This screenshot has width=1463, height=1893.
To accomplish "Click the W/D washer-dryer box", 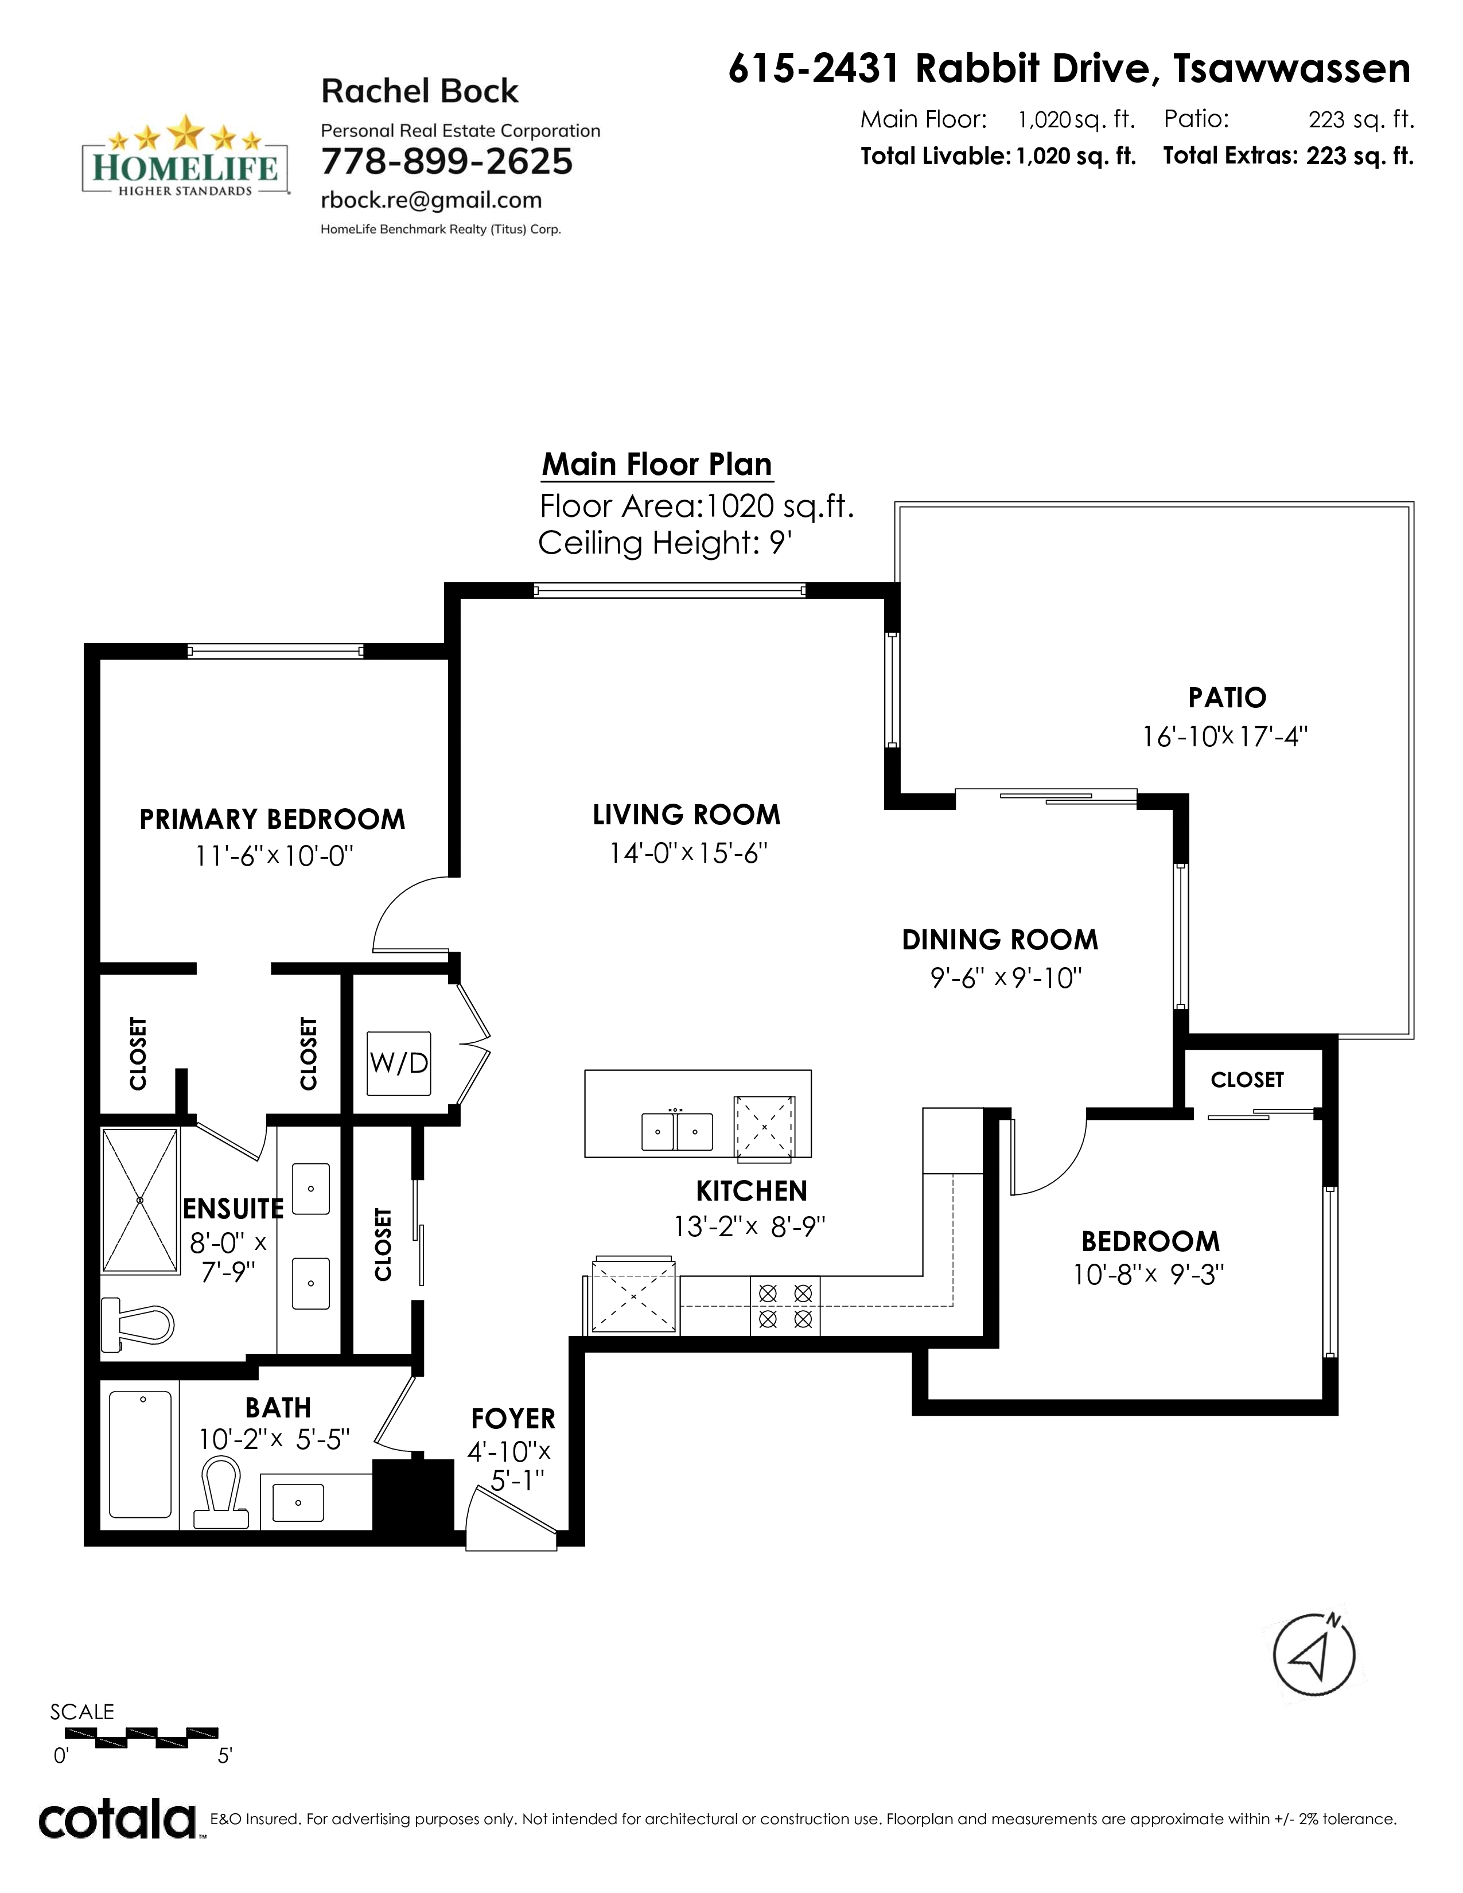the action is point(399,1062).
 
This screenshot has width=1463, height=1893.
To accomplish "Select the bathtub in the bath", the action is point(141,1454).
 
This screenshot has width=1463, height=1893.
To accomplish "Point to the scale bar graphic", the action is point(142,1736).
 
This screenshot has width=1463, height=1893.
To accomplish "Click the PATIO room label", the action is point(1227,697).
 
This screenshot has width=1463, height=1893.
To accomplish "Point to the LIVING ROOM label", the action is point(686,815).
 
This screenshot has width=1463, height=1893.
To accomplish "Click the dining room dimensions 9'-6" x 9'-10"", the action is point(1006,979).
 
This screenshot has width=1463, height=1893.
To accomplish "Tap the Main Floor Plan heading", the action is point(657,465).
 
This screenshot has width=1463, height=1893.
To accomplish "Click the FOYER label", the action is point(513,1419).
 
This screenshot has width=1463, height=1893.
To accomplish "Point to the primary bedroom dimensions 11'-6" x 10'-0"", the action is point(274,856).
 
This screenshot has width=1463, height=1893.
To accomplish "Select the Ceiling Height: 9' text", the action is point(666,543).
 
